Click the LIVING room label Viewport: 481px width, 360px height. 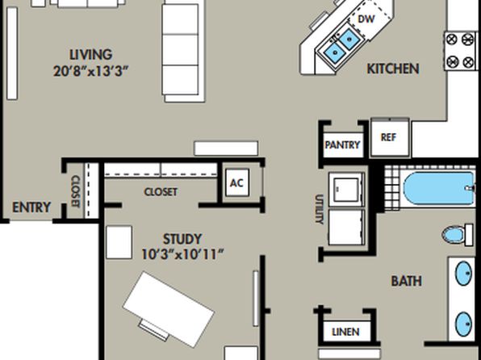point(91,55)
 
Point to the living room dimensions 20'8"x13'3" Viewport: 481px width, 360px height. point(91,72)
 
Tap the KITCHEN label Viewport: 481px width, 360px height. point(393,69)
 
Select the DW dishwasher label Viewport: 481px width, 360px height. point(366,19)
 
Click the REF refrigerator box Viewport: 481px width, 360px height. point(390,137)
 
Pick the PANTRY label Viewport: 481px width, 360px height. point(342,144)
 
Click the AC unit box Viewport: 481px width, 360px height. point(237,182)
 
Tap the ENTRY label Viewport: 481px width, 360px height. point(31,207)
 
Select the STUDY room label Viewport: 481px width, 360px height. point(182,239)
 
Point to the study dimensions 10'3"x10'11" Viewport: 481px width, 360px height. point(182,254)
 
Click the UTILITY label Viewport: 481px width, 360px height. point(320,209)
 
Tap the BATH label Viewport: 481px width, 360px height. point(407,281)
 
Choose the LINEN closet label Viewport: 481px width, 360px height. point(345,332)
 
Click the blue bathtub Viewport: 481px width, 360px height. point(439,188)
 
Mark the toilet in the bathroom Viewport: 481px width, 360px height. point(458,235)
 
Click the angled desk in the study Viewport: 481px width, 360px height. point(169,309)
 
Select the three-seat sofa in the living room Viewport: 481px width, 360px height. point(183,51)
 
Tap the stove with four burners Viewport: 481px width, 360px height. point(460,51)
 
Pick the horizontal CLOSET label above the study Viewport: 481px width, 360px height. point(161,192)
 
